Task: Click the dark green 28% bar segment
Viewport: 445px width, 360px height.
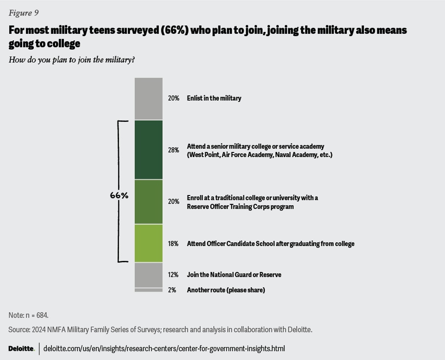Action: pyautogui.click(x=148, y=150)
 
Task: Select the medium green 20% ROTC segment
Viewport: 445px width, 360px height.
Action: pyautogui.click(x=148, y=202)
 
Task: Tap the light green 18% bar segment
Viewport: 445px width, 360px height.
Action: pyautogui.click(x=148, y=243)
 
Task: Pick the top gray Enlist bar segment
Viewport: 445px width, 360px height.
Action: pyautogui.click(x=148, y=98)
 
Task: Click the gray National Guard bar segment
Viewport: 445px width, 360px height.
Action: pyautogui.click(x=148, y=275)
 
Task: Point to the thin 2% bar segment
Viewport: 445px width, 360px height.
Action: pyautogui.click(x=148, y=290)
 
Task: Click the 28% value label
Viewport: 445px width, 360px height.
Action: pyautogui.click(x=173, y=150)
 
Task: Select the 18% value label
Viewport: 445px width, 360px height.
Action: pyautogui.click(x=173, y=244)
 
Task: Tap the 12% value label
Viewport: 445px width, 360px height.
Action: pyautogui.click(x=173, y=275)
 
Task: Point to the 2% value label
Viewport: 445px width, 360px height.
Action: pyautogui.click(x=172, y=290)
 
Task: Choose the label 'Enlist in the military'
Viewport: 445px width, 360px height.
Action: pyautogui.click(x=214, y=98)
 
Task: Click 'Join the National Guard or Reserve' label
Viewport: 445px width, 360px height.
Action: pyautogui.click(x=234, y=275)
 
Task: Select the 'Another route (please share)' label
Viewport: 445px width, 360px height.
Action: pyautogui.click(x=226, y=290)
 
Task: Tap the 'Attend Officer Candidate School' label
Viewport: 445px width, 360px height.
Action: pyautogui.click(x=270, y=244)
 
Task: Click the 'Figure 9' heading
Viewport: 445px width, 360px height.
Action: pyautogui.click(x=24, y=13)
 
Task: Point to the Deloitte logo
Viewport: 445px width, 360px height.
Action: pyautogui.click(x=21, y=348)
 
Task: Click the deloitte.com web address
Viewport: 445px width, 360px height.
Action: pyautogui.click(x=164, y=348)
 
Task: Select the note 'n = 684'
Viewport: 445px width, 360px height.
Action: pyautogui.click(x=28, y=315)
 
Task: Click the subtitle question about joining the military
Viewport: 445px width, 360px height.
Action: pyautogui.click(x=72, y=60)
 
